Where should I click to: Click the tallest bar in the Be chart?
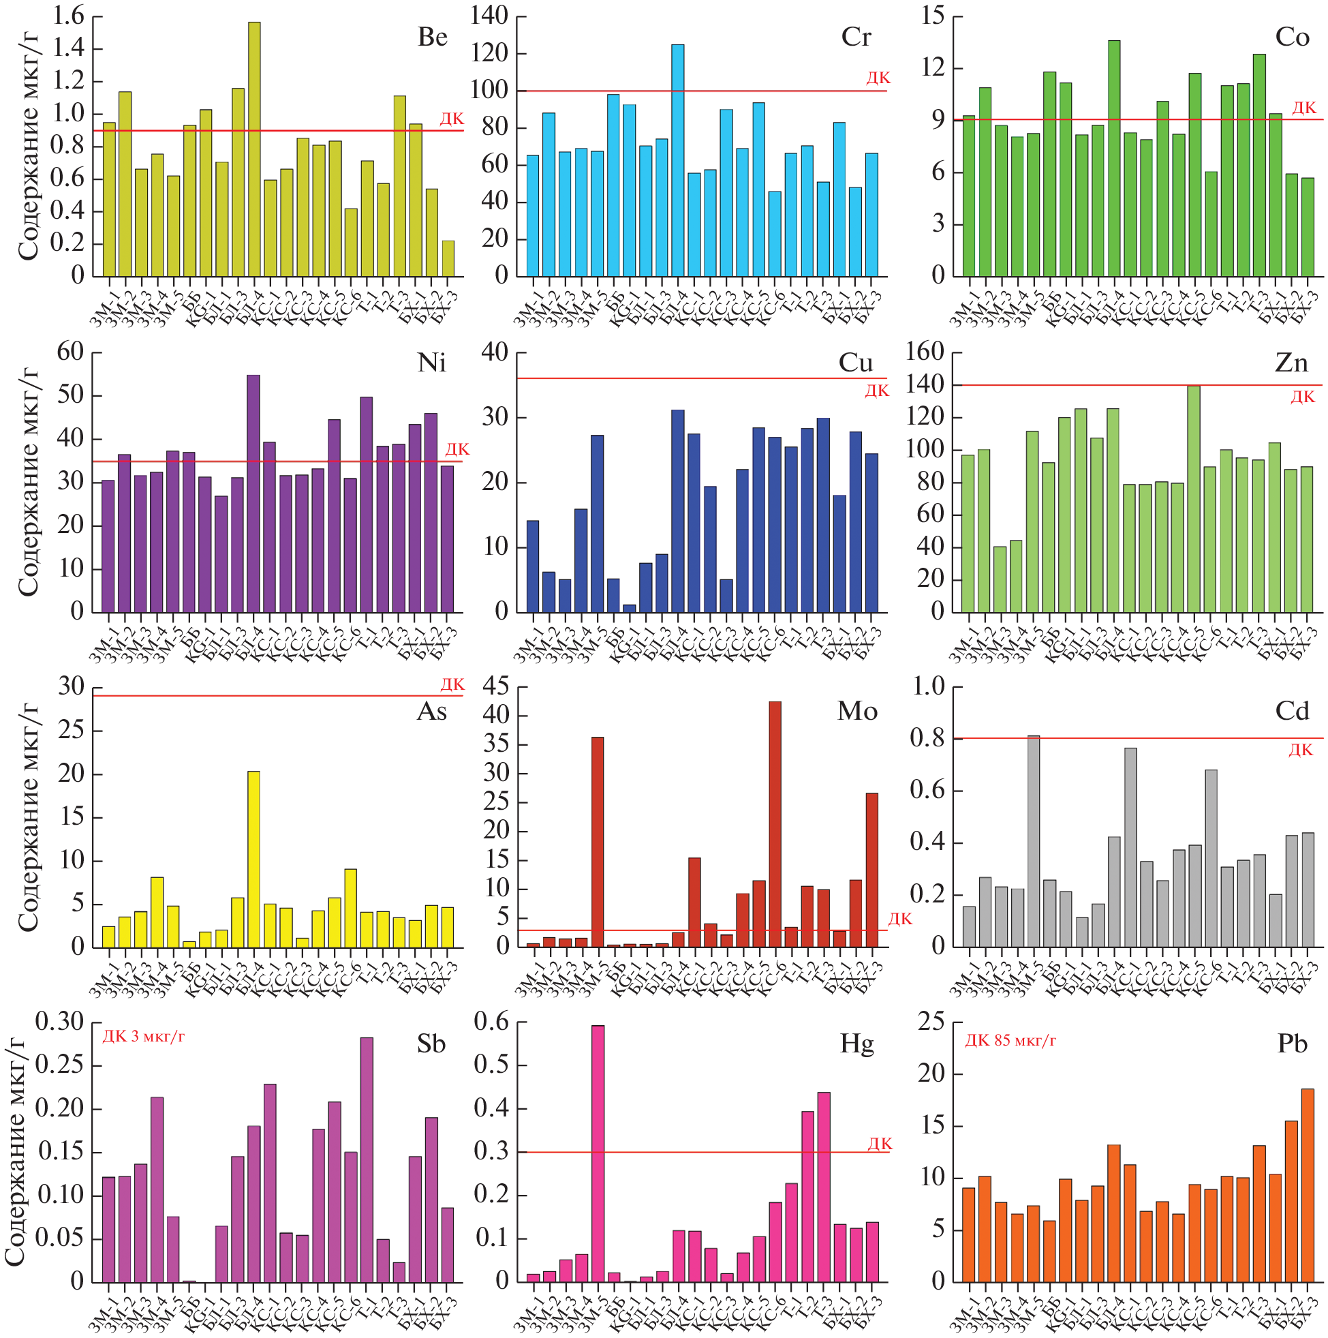pos(254,149)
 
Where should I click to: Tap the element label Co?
pos(1292,37)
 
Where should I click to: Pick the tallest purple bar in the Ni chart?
pos(253,493)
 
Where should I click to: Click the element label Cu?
pos(856,363)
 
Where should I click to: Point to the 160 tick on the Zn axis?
pos(925,352)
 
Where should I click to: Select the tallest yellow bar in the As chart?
pos(253,859)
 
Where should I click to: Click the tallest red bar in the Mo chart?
pos(775,824)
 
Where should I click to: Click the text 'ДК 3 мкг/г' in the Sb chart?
pos(143,1037)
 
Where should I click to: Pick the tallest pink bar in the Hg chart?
pos(598,1153)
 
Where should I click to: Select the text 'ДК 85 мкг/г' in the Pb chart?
pos(1010,1040)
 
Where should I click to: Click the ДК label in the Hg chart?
pos(880,1143)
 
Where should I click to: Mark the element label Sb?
pos(431,1044)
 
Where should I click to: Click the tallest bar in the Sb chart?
pos(367,1159)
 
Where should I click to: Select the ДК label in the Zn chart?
pos(1302,397)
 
